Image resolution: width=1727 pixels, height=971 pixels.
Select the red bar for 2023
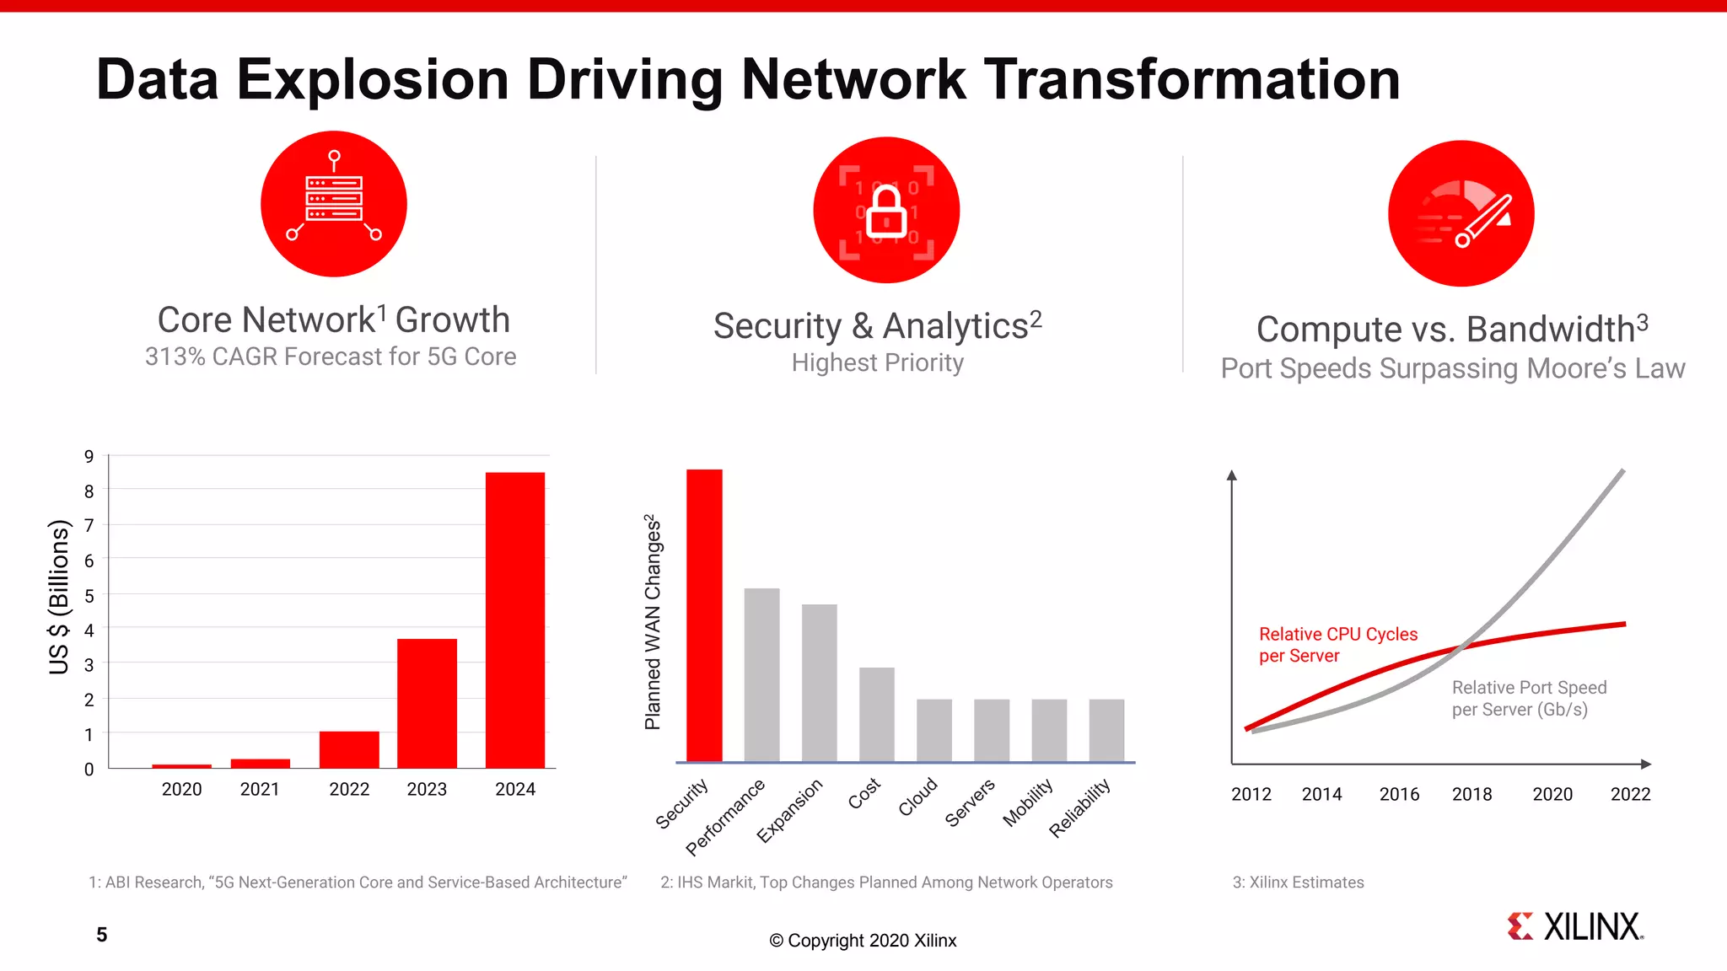(427, 703)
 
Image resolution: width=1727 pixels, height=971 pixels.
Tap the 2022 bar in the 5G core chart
(349, 749)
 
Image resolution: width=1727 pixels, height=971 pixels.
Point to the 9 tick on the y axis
(89, 457)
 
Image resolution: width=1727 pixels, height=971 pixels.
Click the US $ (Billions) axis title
(58, 597)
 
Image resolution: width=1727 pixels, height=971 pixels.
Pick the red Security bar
(704, 615)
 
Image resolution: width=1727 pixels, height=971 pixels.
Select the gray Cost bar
(876, 715)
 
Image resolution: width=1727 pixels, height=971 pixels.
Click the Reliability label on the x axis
(1079, 808)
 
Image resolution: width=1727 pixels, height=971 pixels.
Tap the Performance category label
(724, 817)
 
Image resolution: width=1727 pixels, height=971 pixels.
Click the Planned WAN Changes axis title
(653, 622)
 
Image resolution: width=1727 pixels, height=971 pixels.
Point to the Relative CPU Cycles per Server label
(1337, 645)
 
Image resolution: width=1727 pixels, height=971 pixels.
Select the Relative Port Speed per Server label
(1528, 698)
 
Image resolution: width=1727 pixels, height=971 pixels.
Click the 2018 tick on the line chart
(1471, 794)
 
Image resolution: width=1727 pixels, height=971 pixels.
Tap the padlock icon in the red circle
(886, 211)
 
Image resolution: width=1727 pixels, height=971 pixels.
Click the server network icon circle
(334, 204)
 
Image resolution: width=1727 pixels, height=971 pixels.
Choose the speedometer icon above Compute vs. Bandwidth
(1461, 213)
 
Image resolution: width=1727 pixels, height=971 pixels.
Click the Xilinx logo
(1575, 926)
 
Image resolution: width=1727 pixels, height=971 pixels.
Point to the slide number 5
(101, 935)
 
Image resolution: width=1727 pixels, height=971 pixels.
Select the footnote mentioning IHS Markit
(885, 882)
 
